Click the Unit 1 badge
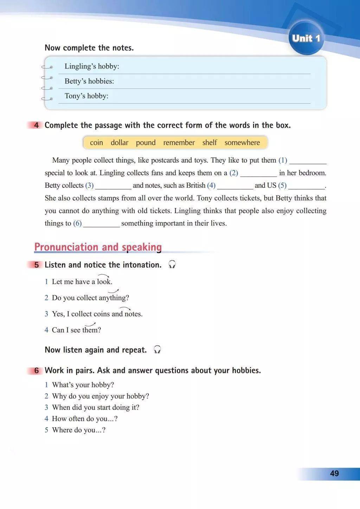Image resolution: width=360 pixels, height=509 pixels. [306, 38]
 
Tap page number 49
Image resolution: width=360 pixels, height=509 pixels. [334, 474]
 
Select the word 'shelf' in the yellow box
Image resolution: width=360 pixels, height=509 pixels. [210, 143]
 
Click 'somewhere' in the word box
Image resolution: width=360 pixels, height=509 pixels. [242, 143]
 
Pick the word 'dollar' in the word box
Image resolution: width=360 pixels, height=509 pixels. [120, 143]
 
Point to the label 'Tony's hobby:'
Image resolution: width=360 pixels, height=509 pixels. [86, 96]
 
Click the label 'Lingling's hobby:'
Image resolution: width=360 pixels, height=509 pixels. [92, 66]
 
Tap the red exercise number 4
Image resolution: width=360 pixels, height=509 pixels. [37, 125]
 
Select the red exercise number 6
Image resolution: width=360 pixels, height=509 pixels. [37, 371]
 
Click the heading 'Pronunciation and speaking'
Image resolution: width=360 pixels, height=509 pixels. [98, 247]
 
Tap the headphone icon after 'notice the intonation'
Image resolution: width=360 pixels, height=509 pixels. [172, 265]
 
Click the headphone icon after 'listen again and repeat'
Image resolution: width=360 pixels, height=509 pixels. [157, 350]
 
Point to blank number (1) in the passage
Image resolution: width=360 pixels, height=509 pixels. [308, 161]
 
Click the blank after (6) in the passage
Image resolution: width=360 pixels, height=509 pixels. [102, 224]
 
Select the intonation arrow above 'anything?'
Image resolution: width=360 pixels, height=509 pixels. [113, 291]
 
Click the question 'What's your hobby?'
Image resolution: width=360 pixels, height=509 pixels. [83, 385]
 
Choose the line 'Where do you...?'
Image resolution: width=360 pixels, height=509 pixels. [79, 430]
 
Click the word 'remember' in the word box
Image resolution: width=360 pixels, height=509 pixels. [179, 143]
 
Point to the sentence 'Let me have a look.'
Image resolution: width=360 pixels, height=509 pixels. [82, 282]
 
